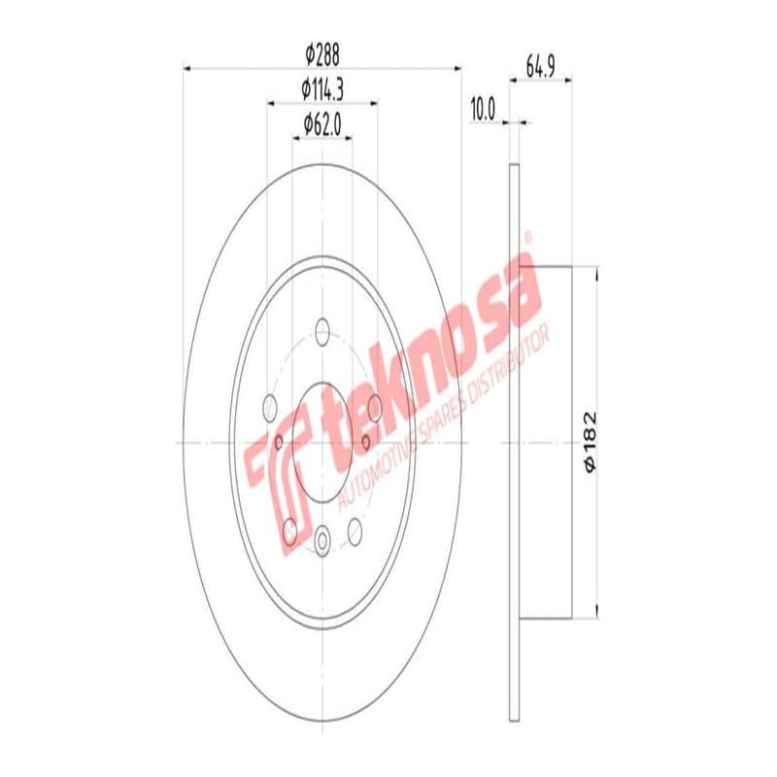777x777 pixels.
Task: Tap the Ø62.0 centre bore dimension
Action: click(x=321, y=123)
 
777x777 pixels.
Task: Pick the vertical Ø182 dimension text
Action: click(x=589, y=442)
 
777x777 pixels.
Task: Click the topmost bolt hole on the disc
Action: click(x=321, y=331)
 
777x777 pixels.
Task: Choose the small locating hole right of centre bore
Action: click(x=364, y=443)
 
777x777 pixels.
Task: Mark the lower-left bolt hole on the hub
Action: click(x=289, y=529)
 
